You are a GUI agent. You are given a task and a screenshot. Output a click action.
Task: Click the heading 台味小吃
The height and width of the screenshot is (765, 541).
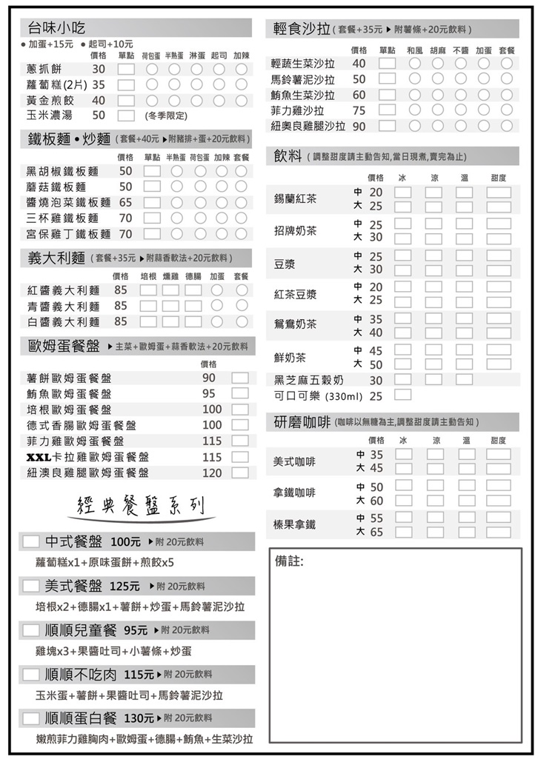(x=56, y=28)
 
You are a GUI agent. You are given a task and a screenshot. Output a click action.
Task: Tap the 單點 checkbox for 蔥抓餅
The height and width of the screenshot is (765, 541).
(x=126, y=69)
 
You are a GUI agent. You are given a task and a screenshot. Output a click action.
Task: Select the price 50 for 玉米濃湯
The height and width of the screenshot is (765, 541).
(x=99, y=116)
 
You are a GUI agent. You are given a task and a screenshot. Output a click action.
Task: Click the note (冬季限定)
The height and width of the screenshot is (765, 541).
(x=166, y=116)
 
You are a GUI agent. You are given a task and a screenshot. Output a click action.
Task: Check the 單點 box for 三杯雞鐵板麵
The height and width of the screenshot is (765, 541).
(x=152, y=218)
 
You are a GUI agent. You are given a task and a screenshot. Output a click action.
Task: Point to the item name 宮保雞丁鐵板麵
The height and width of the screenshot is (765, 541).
(x=68, y=234)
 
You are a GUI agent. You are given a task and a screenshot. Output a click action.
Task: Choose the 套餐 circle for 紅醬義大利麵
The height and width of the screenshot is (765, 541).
(x=242, y=290)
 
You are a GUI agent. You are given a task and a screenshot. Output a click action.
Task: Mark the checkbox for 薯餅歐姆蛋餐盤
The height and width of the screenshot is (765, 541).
(x=239, y=378)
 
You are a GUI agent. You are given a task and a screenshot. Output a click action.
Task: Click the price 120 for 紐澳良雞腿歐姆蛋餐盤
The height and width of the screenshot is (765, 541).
(x=212, y=473)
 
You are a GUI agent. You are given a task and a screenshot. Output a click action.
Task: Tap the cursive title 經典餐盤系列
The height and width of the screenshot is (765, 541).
(x=142, y=506)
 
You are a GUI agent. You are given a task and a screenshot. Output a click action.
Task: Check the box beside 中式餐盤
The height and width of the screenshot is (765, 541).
(x=31, y=541)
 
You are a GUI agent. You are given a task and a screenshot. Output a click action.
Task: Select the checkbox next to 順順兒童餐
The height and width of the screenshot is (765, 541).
(x=31, y=630)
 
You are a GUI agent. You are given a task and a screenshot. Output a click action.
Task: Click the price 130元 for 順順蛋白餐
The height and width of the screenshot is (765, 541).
(x=139, y=718)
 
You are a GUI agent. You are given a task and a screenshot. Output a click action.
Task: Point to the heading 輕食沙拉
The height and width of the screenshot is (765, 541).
(x=301, y=29)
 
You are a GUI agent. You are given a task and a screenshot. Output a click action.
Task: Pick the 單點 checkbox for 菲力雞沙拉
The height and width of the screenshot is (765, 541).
(x=387, y=110)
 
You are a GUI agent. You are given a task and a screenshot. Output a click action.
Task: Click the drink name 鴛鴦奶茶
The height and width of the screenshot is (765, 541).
(x=295, y=324)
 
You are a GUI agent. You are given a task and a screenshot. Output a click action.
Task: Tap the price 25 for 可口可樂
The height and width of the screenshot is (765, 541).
(x=376, y=396)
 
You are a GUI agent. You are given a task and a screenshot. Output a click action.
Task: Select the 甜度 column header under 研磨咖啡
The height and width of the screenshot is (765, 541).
(x=498, y=440)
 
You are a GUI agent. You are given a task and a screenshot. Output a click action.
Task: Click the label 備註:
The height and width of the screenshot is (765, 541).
(x=289, y=561)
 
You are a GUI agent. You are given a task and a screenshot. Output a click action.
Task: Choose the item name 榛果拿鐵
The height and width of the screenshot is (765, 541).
(x=294, y=524)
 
